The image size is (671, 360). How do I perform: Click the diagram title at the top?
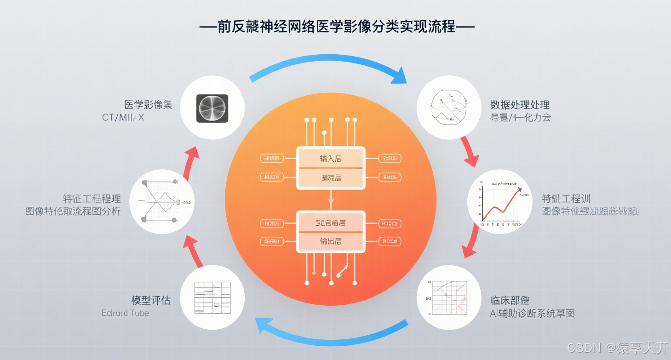point(337,27)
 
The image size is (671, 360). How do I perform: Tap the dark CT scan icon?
point(212,109)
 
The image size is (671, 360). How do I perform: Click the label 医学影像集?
point(149,104)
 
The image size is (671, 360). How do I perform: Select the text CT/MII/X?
point(123,117)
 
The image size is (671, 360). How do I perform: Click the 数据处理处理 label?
point(520,104)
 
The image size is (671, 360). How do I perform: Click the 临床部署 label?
point(510,300)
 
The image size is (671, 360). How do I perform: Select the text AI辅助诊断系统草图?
point(532,313)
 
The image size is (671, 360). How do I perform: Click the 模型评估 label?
point(151,300)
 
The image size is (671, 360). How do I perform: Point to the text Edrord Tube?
point(125,313)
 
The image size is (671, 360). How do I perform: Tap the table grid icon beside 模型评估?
point(212,297)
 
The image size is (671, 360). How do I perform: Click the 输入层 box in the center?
point(331,159)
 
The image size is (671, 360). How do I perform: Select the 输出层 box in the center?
point(331,241)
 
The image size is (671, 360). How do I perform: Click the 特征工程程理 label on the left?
point(92,199)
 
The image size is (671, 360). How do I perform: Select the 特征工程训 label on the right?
point(566,199)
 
